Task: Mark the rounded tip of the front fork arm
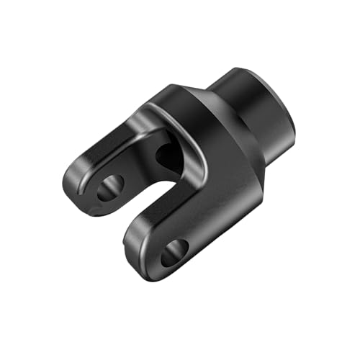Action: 148,270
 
